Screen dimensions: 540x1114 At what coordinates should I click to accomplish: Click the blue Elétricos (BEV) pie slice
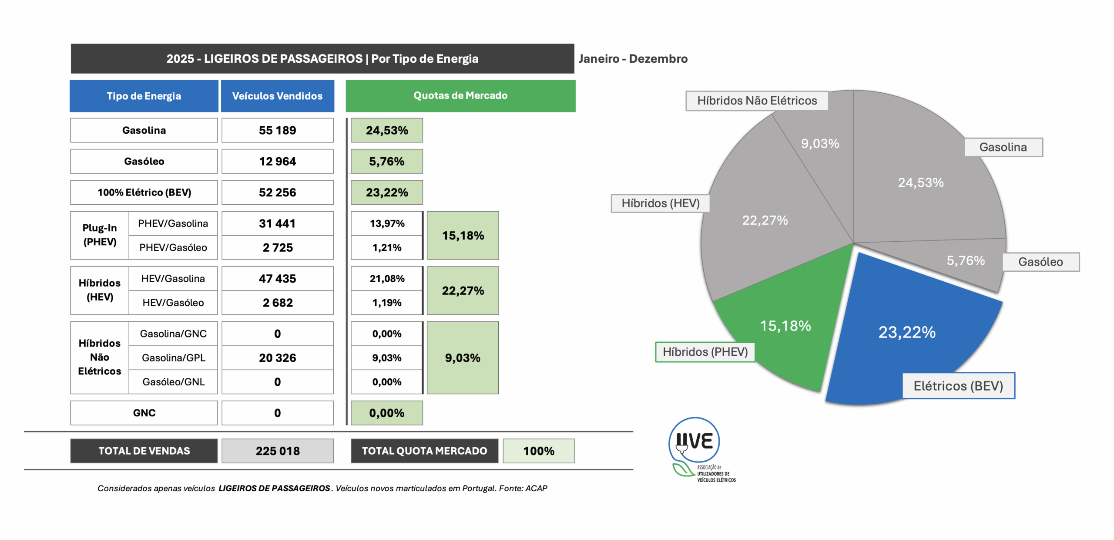(909, 322)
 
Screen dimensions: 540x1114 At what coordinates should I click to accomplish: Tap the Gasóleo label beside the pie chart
(1040, 262)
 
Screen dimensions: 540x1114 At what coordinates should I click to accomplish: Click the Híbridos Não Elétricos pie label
(757, 101)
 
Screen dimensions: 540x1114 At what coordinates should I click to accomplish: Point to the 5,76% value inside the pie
(965, 260)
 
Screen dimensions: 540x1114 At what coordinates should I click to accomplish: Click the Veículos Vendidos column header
(277, 96)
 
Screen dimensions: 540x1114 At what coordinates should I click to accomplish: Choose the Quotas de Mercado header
(460, 95)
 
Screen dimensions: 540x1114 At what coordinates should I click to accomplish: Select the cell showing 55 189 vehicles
(277, 130)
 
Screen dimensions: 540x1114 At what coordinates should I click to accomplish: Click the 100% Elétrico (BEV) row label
(144, 192)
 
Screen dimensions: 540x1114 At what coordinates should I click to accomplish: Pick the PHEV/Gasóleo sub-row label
(173, 247)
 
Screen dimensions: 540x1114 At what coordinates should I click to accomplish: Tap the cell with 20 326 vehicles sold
(277, 358)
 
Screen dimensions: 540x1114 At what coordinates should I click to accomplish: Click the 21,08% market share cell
(386, 278)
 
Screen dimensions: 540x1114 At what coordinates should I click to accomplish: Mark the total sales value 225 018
(277, 451)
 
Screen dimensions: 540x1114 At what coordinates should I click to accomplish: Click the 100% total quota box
(538, 451)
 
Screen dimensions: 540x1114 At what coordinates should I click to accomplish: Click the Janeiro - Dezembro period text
(633, 59)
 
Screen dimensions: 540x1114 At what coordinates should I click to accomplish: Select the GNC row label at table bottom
(144, 412)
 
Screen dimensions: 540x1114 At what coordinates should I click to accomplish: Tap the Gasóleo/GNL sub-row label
(173, 381)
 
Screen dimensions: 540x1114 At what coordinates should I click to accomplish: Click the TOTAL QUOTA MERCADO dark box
(424, 451)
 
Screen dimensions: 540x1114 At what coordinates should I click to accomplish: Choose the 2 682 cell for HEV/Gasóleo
(277, 302)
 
